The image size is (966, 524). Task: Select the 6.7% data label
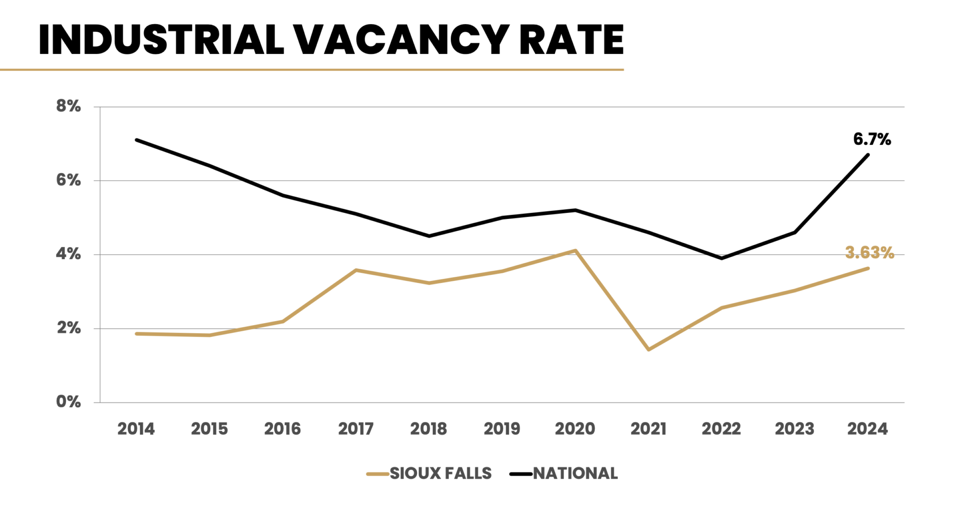[871, 139]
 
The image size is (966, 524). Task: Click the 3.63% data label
[869, 253]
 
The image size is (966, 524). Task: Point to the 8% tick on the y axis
[68, 106]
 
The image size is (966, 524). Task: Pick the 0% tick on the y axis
[68, 402]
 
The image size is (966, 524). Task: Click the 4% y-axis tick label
[68, 254]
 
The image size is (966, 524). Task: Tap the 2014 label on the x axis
[136, 429]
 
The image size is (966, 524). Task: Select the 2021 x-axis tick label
[648, 429]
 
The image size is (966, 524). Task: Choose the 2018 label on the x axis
[428, 429]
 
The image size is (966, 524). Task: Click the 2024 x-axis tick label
[867, 429]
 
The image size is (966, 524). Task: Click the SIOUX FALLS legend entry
[440, 474]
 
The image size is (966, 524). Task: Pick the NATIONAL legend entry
[575, 474]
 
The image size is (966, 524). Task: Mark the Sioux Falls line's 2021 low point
[649, 349]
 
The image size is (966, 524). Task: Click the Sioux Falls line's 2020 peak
[575, 250]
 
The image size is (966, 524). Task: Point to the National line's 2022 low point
[721, 258]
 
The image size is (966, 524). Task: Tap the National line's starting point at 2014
[136, 139]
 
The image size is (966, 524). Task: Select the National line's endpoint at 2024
[868, 155]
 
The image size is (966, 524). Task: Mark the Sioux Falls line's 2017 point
[356, 270]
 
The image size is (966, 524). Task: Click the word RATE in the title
[571, 40]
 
